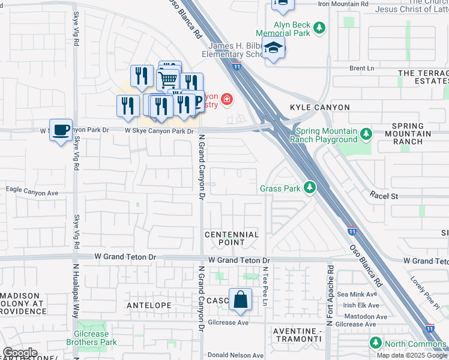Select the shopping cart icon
168,79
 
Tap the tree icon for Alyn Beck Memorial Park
320,28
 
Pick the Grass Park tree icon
310,188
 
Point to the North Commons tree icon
376,343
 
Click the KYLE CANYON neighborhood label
319,107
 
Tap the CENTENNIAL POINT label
231,238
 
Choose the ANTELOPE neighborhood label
149,305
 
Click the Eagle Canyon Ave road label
32,193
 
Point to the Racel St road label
384,196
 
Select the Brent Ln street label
362,68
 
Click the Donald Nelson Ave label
232,355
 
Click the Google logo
20,353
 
